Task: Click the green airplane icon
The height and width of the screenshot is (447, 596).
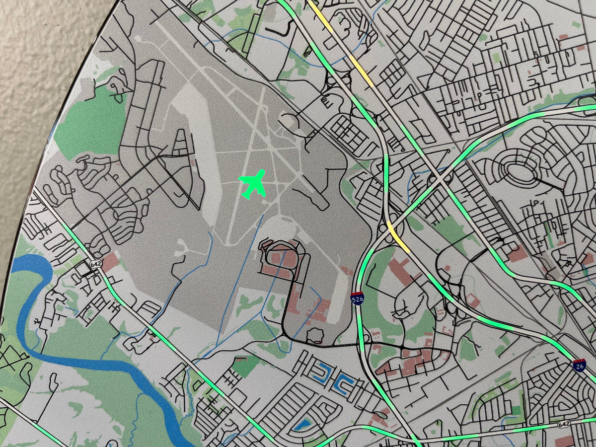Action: pyautogui.click(x=253, y=183)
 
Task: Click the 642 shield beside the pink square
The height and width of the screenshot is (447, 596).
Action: pyautogui.click(x=96, y=264)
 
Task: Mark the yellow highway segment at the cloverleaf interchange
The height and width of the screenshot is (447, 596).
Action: pyautogui.click(x=398, y=235)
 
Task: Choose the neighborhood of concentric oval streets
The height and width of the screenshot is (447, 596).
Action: pyautogui.click(x=521, y=174)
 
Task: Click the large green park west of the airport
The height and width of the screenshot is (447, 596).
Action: pyautogui.click(x=87, y=124)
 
